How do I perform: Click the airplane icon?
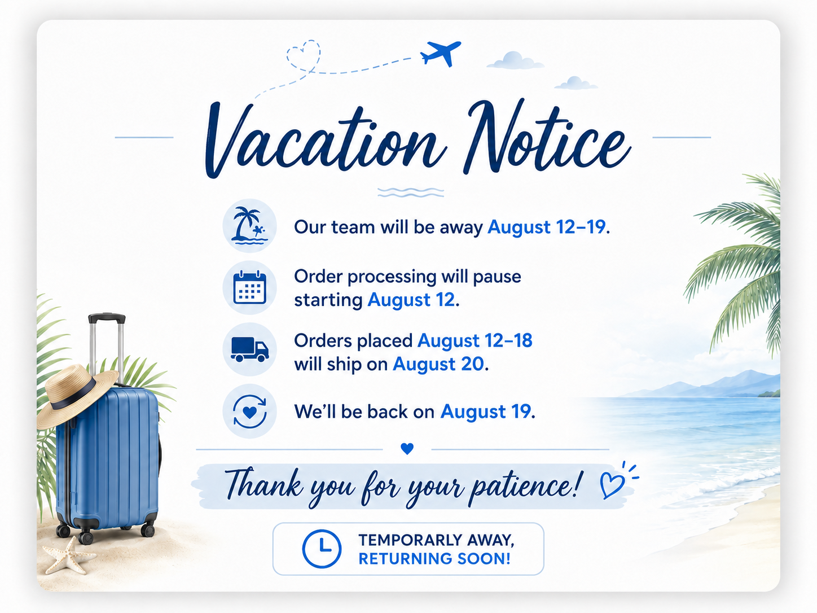click(x=440, y=54)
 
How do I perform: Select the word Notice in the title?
click(x=546, y=137)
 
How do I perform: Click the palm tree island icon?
click(x=249, y=226)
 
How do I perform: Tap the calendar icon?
click(x=249, y=287)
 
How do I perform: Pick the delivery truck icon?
click(x=249, y=349)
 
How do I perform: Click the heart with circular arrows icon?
click(x=249, y=411)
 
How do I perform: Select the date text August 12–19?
click(x=546, y=227)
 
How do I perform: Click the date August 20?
click(x=438, y=364)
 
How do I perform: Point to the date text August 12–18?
click(x=475, y=340)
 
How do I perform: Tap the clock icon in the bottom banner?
click(x=321, y=549)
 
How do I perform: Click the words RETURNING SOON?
click(x=434, y=559)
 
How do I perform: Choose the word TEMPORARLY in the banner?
click(x=407, y=540)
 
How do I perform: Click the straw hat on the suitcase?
click(x=76, y=395)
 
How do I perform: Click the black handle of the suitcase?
click(x=107, y=318)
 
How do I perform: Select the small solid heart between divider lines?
click(x=407, y=449)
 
